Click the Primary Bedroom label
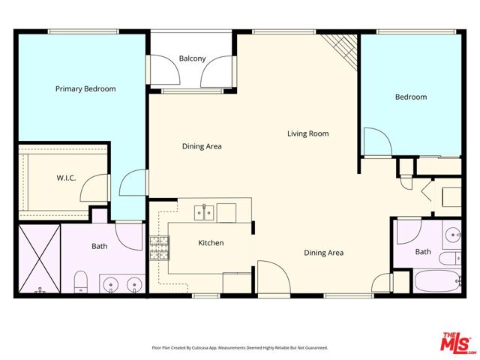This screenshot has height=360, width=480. [85, 88]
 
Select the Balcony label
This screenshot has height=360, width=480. [192, 58]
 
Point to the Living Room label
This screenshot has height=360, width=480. [308, 133]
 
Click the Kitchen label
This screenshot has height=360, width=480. [211, 243]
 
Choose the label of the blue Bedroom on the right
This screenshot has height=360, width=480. [411, 97]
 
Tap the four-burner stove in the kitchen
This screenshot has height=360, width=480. [158, 247]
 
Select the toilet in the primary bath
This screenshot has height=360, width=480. [81, 283]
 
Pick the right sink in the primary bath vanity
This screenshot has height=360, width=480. [134, 284]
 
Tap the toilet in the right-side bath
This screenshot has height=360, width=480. [448, 260]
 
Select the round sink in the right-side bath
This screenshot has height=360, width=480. [453, 235]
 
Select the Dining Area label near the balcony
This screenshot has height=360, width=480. [202, 146]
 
